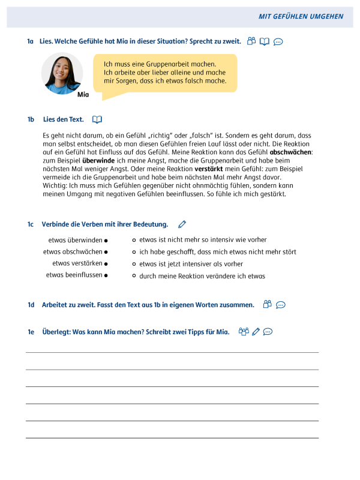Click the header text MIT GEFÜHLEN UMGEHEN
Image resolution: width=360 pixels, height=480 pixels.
coord(301,16)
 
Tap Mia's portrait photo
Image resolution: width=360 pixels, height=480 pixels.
coord(62,73)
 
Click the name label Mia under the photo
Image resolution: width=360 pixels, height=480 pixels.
coord(83,94)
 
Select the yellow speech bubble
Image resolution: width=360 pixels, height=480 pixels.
coord(165,73)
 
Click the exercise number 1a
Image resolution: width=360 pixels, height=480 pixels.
coord(30,41)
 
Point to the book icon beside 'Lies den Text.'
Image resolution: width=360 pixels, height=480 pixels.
coord(97,119)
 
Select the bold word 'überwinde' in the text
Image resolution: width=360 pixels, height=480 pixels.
coord(98,160)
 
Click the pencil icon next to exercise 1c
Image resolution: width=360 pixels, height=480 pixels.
coord(182,224)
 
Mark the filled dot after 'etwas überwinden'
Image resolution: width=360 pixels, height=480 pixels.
coord(106,240)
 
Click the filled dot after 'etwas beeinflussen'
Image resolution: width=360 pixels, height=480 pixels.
coord(106,275)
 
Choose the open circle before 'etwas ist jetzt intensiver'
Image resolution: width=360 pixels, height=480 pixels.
coord(134,263)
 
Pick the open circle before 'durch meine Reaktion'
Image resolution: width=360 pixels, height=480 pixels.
coord(134,276)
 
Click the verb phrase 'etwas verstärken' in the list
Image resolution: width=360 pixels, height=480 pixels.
coord(77,263)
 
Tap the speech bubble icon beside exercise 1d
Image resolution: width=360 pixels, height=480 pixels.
coord(280,305)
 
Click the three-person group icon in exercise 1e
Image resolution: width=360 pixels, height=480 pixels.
coord(244,331)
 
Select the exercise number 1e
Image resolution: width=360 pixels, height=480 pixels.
coord(31,331)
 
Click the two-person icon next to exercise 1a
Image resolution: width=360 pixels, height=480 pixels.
coord(251,41)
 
